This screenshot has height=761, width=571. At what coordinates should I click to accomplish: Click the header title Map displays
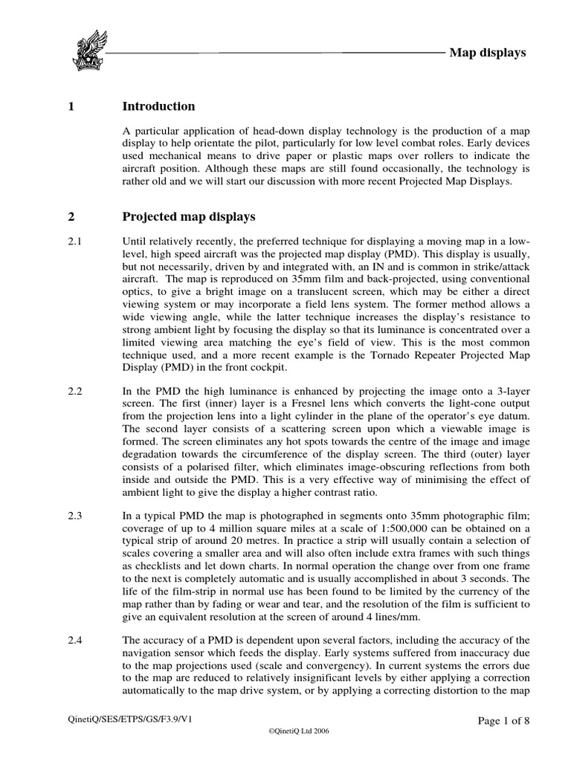[x=488, y=53]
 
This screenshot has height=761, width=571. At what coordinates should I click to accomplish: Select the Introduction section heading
[x=158, y=106]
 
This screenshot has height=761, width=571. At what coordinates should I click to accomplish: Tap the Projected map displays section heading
[x=188, y=217]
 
